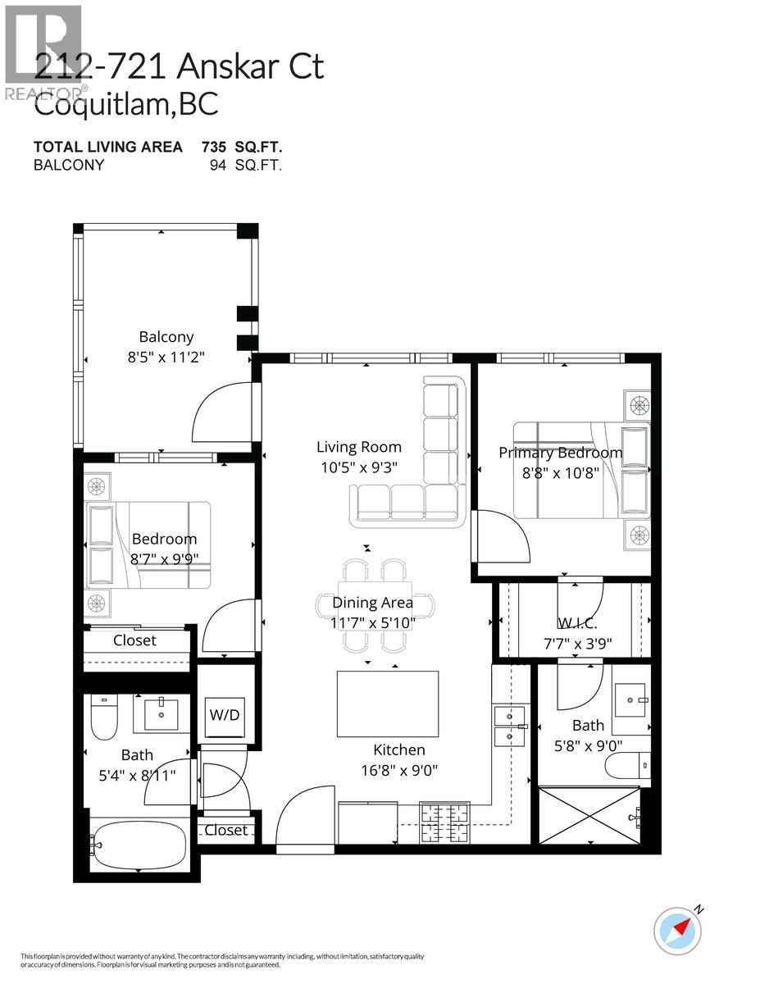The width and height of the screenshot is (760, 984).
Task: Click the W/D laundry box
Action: [x=225, y=714]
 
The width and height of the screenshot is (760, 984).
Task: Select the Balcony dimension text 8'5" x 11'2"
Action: [x=166, y=358]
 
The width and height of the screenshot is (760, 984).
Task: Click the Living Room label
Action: [x=359, y=447]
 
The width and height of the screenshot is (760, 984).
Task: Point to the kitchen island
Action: [x=388, y=704]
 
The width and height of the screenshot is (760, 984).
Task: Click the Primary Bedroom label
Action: [x=560, y=453]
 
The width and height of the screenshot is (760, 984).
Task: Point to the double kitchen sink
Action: [x=510, y=725]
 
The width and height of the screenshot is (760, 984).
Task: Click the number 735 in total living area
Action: [x=215, y=147]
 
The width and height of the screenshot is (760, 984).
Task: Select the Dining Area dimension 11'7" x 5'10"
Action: [x=373, y=622]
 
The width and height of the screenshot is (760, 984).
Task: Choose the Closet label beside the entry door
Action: [x=225, y=830]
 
